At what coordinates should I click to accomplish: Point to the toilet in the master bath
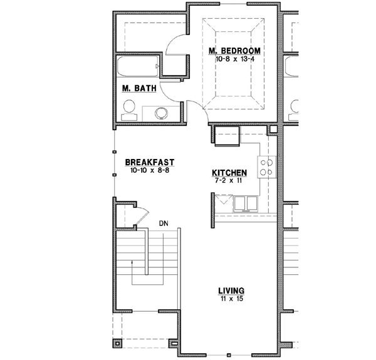[129, 111]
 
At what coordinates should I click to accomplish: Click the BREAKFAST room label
[149, 161]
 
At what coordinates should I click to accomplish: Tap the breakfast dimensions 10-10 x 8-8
[149, 170]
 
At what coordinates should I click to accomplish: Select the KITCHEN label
[229, 173]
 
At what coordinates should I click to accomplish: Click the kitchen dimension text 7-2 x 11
[229, 182]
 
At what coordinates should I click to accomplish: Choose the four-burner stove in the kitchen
[267, 165]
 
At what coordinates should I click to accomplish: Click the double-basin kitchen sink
[244, 203]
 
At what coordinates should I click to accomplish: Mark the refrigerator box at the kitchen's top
[227, 134]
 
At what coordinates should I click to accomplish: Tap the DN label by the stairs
[164, 222]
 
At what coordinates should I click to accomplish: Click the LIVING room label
[231, 291]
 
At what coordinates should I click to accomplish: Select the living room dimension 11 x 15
[231, 299]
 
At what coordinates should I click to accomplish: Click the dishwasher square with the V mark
[223, 203]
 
